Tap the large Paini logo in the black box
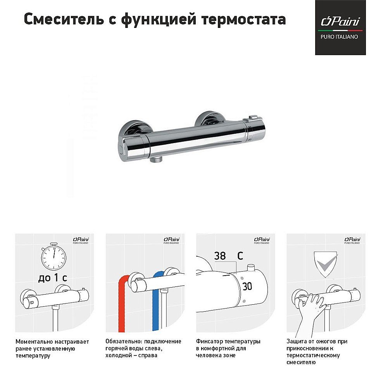tap(340, 21)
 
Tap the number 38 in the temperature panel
tap(220, 256)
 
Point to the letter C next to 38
tap(240, 256)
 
